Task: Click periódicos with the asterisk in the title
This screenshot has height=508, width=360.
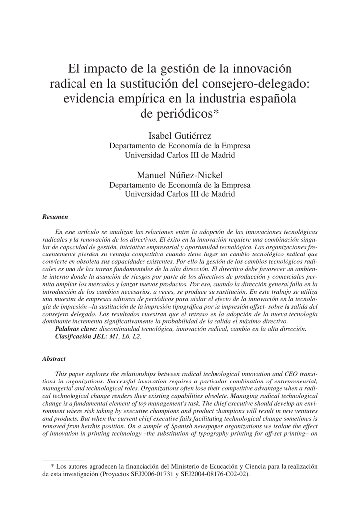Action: pyautogui.click(x=180, y=114)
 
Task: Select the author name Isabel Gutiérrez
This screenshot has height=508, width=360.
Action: pyautogui.click(x=180, y=136)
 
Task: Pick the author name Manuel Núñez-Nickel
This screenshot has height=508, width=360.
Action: pyautogui.click(x=180, y=175)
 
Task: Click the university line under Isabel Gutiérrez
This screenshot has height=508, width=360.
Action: pyautogui.click(x=180, y=155)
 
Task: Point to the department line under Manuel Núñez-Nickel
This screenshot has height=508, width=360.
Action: pyautogui.click(x=180, y=185)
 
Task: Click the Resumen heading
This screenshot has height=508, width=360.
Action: pyautogui.click(x=55, y=217)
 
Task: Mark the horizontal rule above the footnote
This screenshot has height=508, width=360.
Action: pyautogui.click(x=63, y=460)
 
